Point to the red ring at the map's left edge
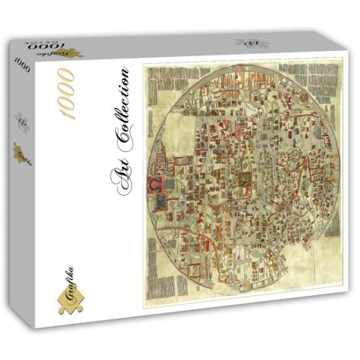[154, 183]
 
